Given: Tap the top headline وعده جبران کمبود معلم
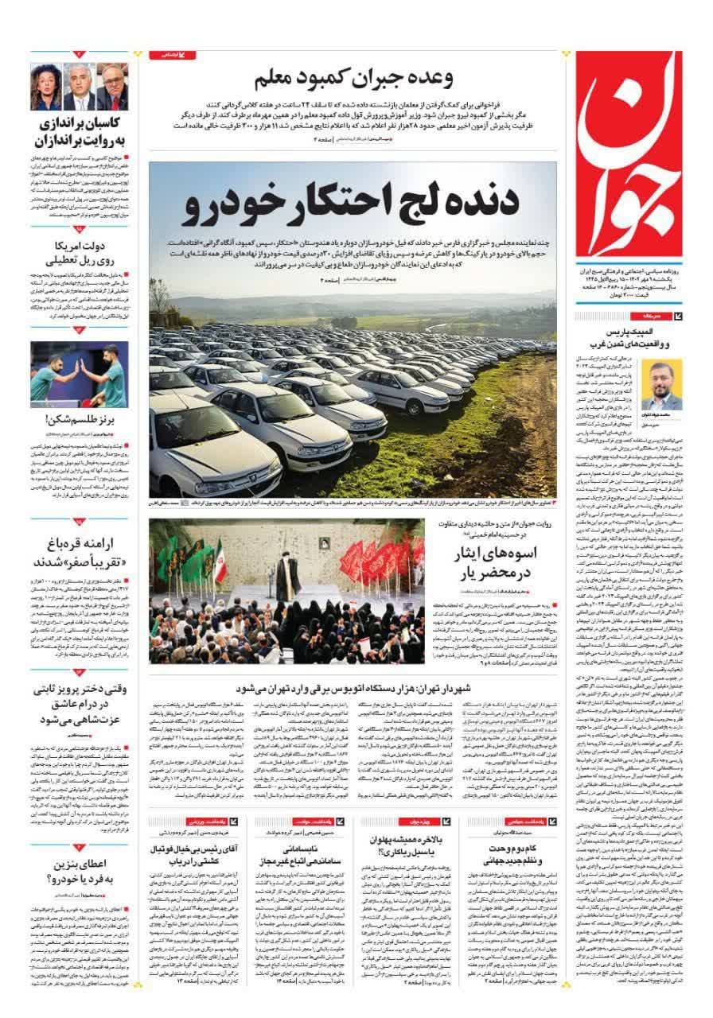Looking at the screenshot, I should tap(354, 80).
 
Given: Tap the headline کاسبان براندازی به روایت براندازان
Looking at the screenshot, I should tap(80, 133).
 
